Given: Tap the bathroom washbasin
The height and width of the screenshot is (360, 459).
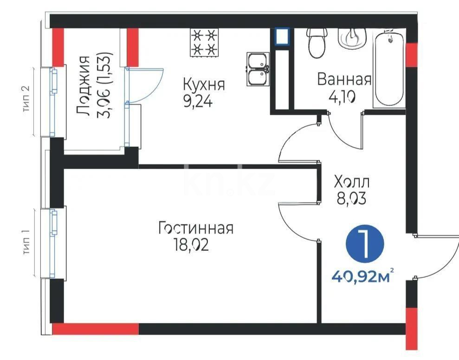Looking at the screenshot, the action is click(x=352, y=37).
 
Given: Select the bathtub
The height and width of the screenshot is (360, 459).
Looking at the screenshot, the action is click(x=389, y=69).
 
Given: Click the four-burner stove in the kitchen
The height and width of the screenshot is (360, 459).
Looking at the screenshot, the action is click(x=204, y=42).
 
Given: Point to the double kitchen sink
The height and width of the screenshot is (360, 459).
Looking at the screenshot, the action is click(x=258, y=69).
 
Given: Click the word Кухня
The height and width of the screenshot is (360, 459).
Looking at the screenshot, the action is click(x=204, y=85).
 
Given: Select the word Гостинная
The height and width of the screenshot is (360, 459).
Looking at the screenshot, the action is click(x=196, y=228).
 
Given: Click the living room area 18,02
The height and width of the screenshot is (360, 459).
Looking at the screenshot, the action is click(x=191, y=245).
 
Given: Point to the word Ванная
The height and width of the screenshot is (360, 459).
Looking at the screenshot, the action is click(x=344, y=79).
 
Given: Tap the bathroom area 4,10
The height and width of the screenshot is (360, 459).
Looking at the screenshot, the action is click(x=342, y=97).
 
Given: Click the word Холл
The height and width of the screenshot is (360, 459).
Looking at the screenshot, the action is click(x=352, y=182).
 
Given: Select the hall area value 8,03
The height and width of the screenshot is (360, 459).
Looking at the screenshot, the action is click(x=351, y=199).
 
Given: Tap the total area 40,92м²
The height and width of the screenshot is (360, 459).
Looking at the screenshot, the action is click(x=362, y=275).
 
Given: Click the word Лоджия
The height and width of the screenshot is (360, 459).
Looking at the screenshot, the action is click(x=83, y=86).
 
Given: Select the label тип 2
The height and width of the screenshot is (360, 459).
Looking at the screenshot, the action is click(x=26, y=98).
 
